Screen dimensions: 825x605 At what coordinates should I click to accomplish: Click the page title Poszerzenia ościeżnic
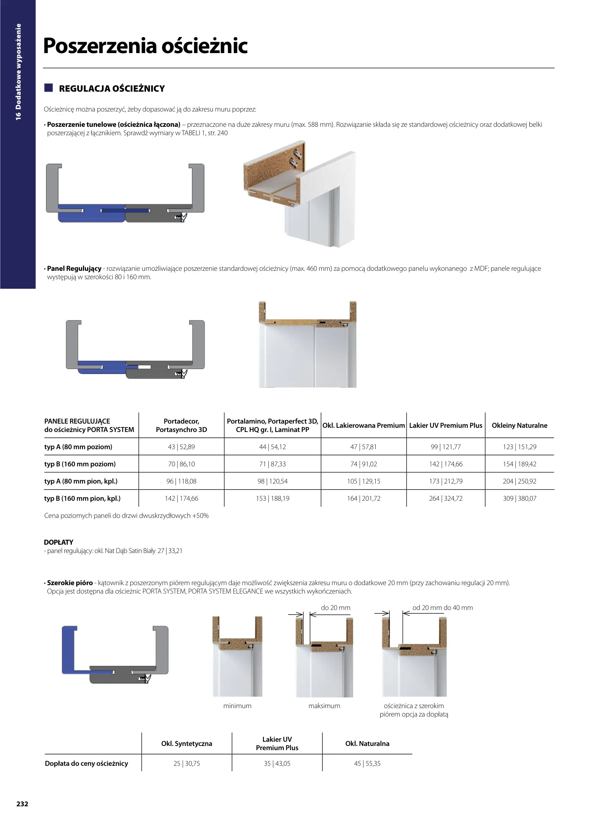pyautogui.click(x=145, y=46)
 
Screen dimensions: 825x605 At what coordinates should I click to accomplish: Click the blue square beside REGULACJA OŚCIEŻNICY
pyautogui.click(x=49, y=88)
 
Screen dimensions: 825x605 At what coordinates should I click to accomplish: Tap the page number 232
pyautogui.click(x=22, y=804)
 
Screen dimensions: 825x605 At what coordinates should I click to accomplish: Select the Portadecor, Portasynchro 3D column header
pyautogui.click(x=181, y=425)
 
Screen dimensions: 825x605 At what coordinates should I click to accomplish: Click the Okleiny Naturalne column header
pyautogui.click(x=519, y=425)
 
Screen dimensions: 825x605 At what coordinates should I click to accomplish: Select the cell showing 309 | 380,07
pyautogui.click(x=519, y=498)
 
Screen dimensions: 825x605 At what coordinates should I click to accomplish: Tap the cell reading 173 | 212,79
pyautogui.click(x=446, y=481)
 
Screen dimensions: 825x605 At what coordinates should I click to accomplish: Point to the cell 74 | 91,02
pyautogui.click(x=363, y=464)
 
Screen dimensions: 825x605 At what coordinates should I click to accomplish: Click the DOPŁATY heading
pyautogui.click(x=58, y=542)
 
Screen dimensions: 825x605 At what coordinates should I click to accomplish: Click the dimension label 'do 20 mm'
pyautogui.click(x=336, y=607)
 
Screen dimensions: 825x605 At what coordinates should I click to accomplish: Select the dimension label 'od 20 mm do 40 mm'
pyautogui.click(x=443, y=607)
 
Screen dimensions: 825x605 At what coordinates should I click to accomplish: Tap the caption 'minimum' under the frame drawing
pyautogui.click(x=237, y=705)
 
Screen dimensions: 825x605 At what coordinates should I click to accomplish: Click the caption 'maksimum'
pyautogui.click(x=324, y=705)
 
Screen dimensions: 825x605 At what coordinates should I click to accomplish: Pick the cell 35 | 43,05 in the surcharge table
pyautogui.click(x=277, y=763)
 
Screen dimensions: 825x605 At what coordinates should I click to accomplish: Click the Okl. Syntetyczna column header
pyautogui.click(x=187, y=743)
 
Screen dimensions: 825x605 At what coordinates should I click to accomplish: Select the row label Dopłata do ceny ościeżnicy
pyautogui.click(x=86, y=763)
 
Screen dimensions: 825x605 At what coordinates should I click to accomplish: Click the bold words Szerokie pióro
pyautogui.click(x=70, y=583)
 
